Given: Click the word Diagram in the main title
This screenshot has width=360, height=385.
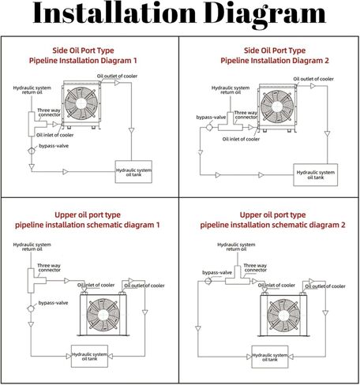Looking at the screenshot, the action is pos(264,14).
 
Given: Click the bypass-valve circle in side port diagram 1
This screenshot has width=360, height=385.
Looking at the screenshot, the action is pos(32,151).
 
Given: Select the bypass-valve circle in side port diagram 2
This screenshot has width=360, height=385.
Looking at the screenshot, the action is pos(209,127).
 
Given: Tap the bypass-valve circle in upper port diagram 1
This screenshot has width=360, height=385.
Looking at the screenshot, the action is pos(31,308).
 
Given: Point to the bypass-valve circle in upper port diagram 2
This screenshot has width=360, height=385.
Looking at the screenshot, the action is pos(208,281).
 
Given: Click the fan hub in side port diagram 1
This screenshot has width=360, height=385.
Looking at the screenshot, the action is pos(81,103).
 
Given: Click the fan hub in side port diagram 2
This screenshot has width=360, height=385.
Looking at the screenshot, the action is pos(277,107).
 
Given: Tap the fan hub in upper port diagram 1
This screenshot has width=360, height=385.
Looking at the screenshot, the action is pos(103,315).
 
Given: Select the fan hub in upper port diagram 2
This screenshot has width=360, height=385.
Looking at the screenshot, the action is pos(283,316).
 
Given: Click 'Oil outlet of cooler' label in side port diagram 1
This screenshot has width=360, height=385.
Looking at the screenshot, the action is pos(117,76).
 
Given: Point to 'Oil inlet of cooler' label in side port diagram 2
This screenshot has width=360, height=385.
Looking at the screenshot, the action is pos(241,139).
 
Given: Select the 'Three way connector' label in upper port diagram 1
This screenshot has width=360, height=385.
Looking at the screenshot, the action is pos(49,267).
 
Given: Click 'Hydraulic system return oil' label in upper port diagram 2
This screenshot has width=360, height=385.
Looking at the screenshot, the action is pos(236,247).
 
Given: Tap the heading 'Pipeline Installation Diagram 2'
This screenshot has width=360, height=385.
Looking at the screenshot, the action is pos(275,61).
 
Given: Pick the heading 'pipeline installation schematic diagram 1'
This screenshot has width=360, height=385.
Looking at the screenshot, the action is pos(88,225).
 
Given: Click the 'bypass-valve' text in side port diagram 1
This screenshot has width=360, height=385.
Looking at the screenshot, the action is pos(54,146).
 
